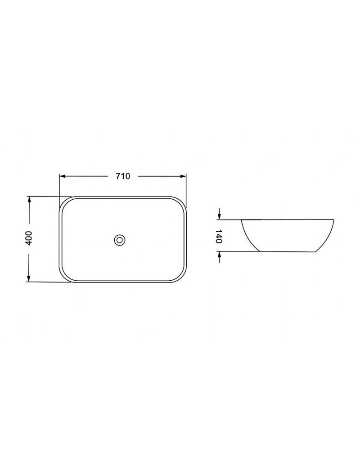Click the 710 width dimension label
pos(123,176)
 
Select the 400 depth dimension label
pos(28,238)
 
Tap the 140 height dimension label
pos(219,236)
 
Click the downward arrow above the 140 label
pos(220,214)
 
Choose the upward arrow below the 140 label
pos(220,257)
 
